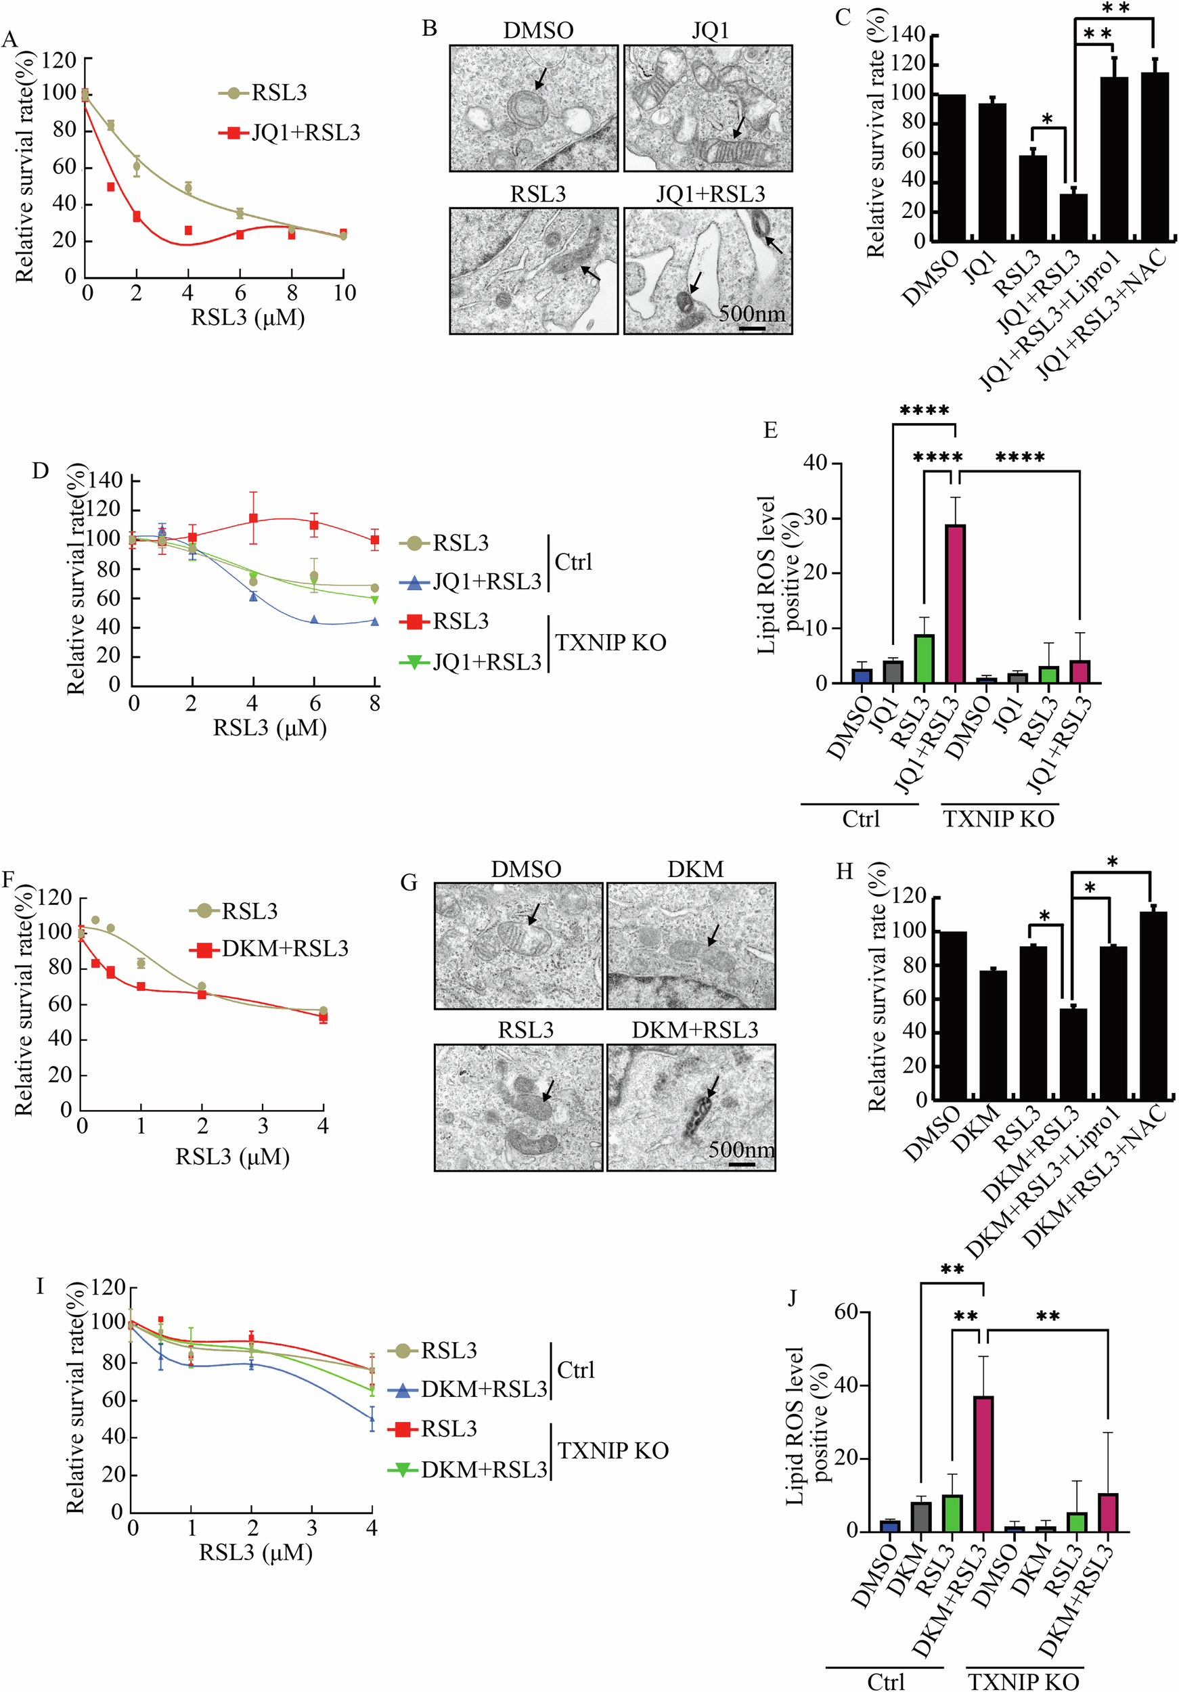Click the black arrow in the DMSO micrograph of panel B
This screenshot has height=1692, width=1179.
540,77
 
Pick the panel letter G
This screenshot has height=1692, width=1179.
408,882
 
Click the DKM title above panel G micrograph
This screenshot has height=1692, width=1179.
695,870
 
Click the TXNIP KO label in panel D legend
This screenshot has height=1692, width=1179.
610,642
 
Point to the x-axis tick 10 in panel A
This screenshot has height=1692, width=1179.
344,293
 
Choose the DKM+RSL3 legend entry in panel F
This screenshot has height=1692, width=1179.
284,948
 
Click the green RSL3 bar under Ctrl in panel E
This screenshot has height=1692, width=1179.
924,658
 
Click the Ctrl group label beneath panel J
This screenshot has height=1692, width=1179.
885,1681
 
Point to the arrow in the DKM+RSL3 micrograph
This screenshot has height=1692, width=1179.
712,1087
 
